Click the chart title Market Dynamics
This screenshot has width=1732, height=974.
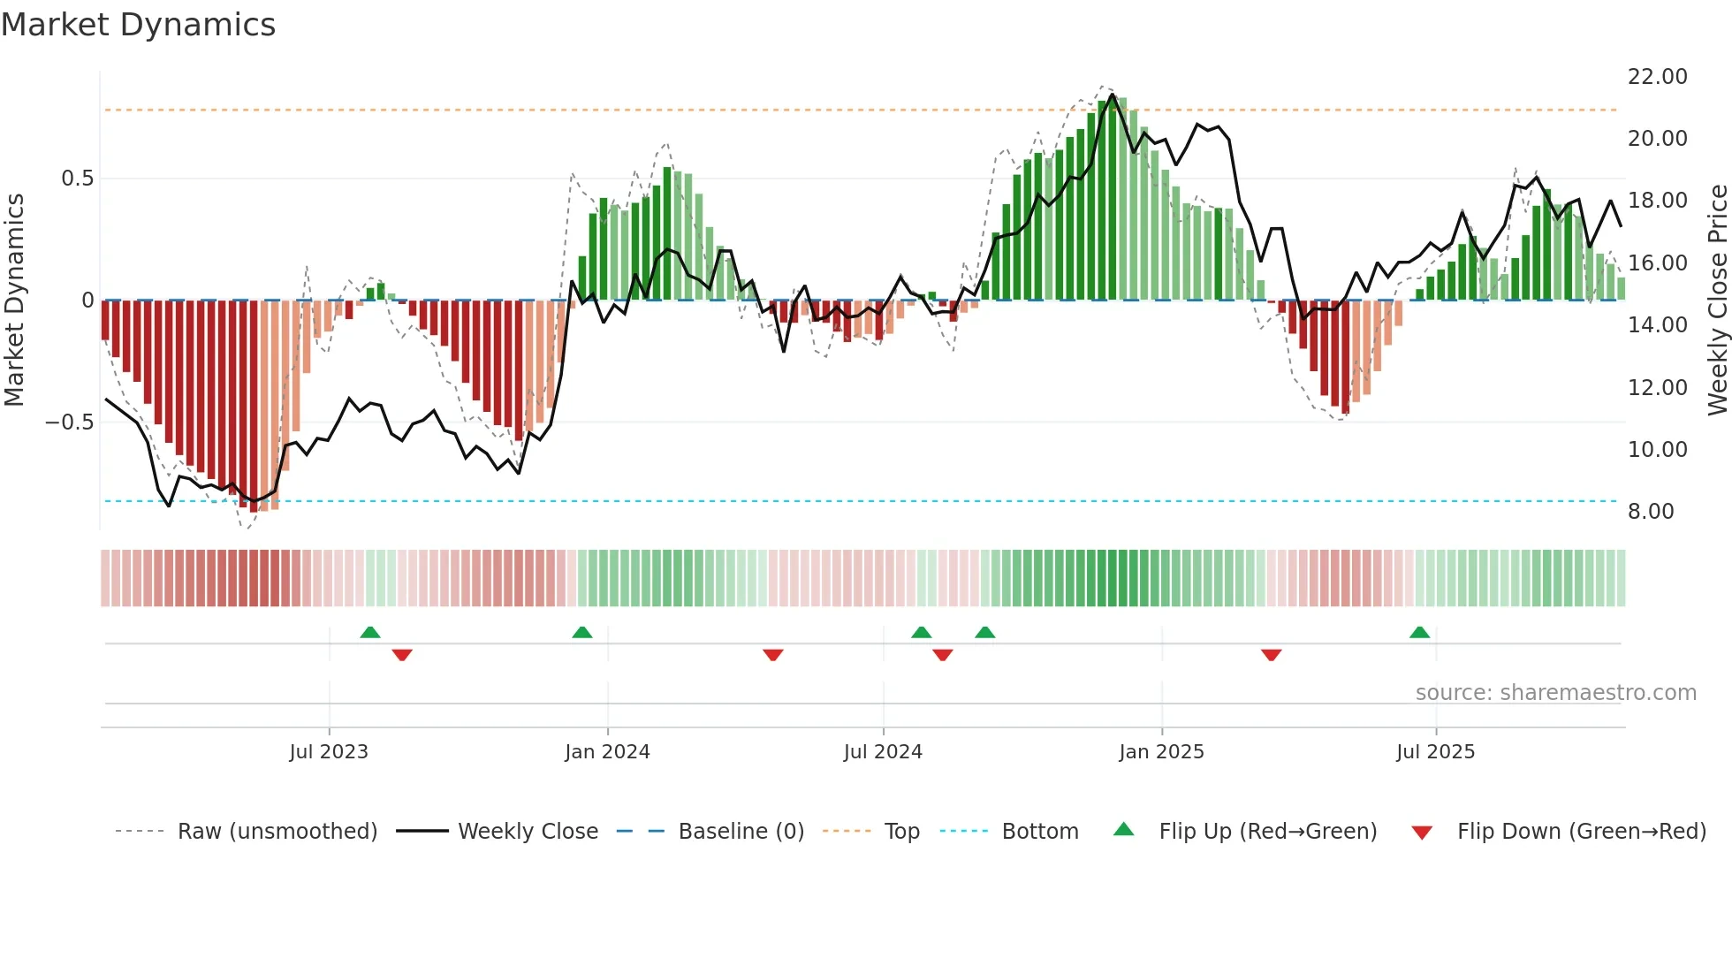click(139, 25)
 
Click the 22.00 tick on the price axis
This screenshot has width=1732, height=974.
click(1657, 77)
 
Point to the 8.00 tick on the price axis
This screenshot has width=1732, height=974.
click(1650, 512)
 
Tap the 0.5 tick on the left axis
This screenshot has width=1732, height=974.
click(77, 179)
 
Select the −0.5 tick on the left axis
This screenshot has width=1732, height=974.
click(70, 422)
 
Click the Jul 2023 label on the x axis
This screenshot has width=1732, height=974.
click(329, 752)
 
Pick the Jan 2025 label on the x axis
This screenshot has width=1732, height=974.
click(1161, 752)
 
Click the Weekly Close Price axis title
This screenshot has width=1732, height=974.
click(1717, 301)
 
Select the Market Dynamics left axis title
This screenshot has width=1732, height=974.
click(14, 301)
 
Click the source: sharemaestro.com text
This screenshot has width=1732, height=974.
click(1555, 693)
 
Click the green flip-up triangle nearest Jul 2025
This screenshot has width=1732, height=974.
click(1419, 632)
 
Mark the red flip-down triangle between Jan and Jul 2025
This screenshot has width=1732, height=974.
click(1271, 655)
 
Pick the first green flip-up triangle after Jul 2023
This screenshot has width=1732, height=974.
click(370, 632)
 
